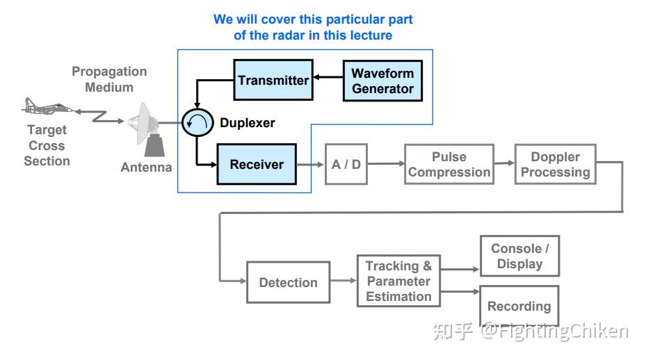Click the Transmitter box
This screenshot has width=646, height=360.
pos(273,80)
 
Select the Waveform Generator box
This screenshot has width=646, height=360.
pos(382,81)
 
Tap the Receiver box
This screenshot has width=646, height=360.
pos(257,165)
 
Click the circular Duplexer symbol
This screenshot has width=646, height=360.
pos(196,123)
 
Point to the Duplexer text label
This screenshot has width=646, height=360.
pos(248,123)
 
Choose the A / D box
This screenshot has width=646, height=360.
pos(346,165)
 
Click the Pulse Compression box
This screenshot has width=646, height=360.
pos(449,165)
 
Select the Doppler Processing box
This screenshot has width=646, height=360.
pos(555,165)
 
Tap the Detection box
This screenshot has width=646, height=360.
pos(288,282)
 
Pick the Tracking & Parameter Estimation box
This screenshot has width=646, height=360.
pos(398,281)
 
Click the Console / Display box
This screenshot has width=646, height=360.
pos(519,256)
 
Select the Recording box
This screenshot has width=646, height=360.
pos(519,306)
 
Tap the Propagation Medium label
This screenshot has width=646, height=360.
pos(109,79)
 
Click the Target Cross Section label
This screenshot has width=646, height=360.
pos(47,145)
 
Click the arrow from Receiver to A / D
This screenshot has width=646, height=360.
pos(311,165)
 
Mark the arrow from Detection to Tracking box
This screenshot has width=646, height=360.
pos(344,281)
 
